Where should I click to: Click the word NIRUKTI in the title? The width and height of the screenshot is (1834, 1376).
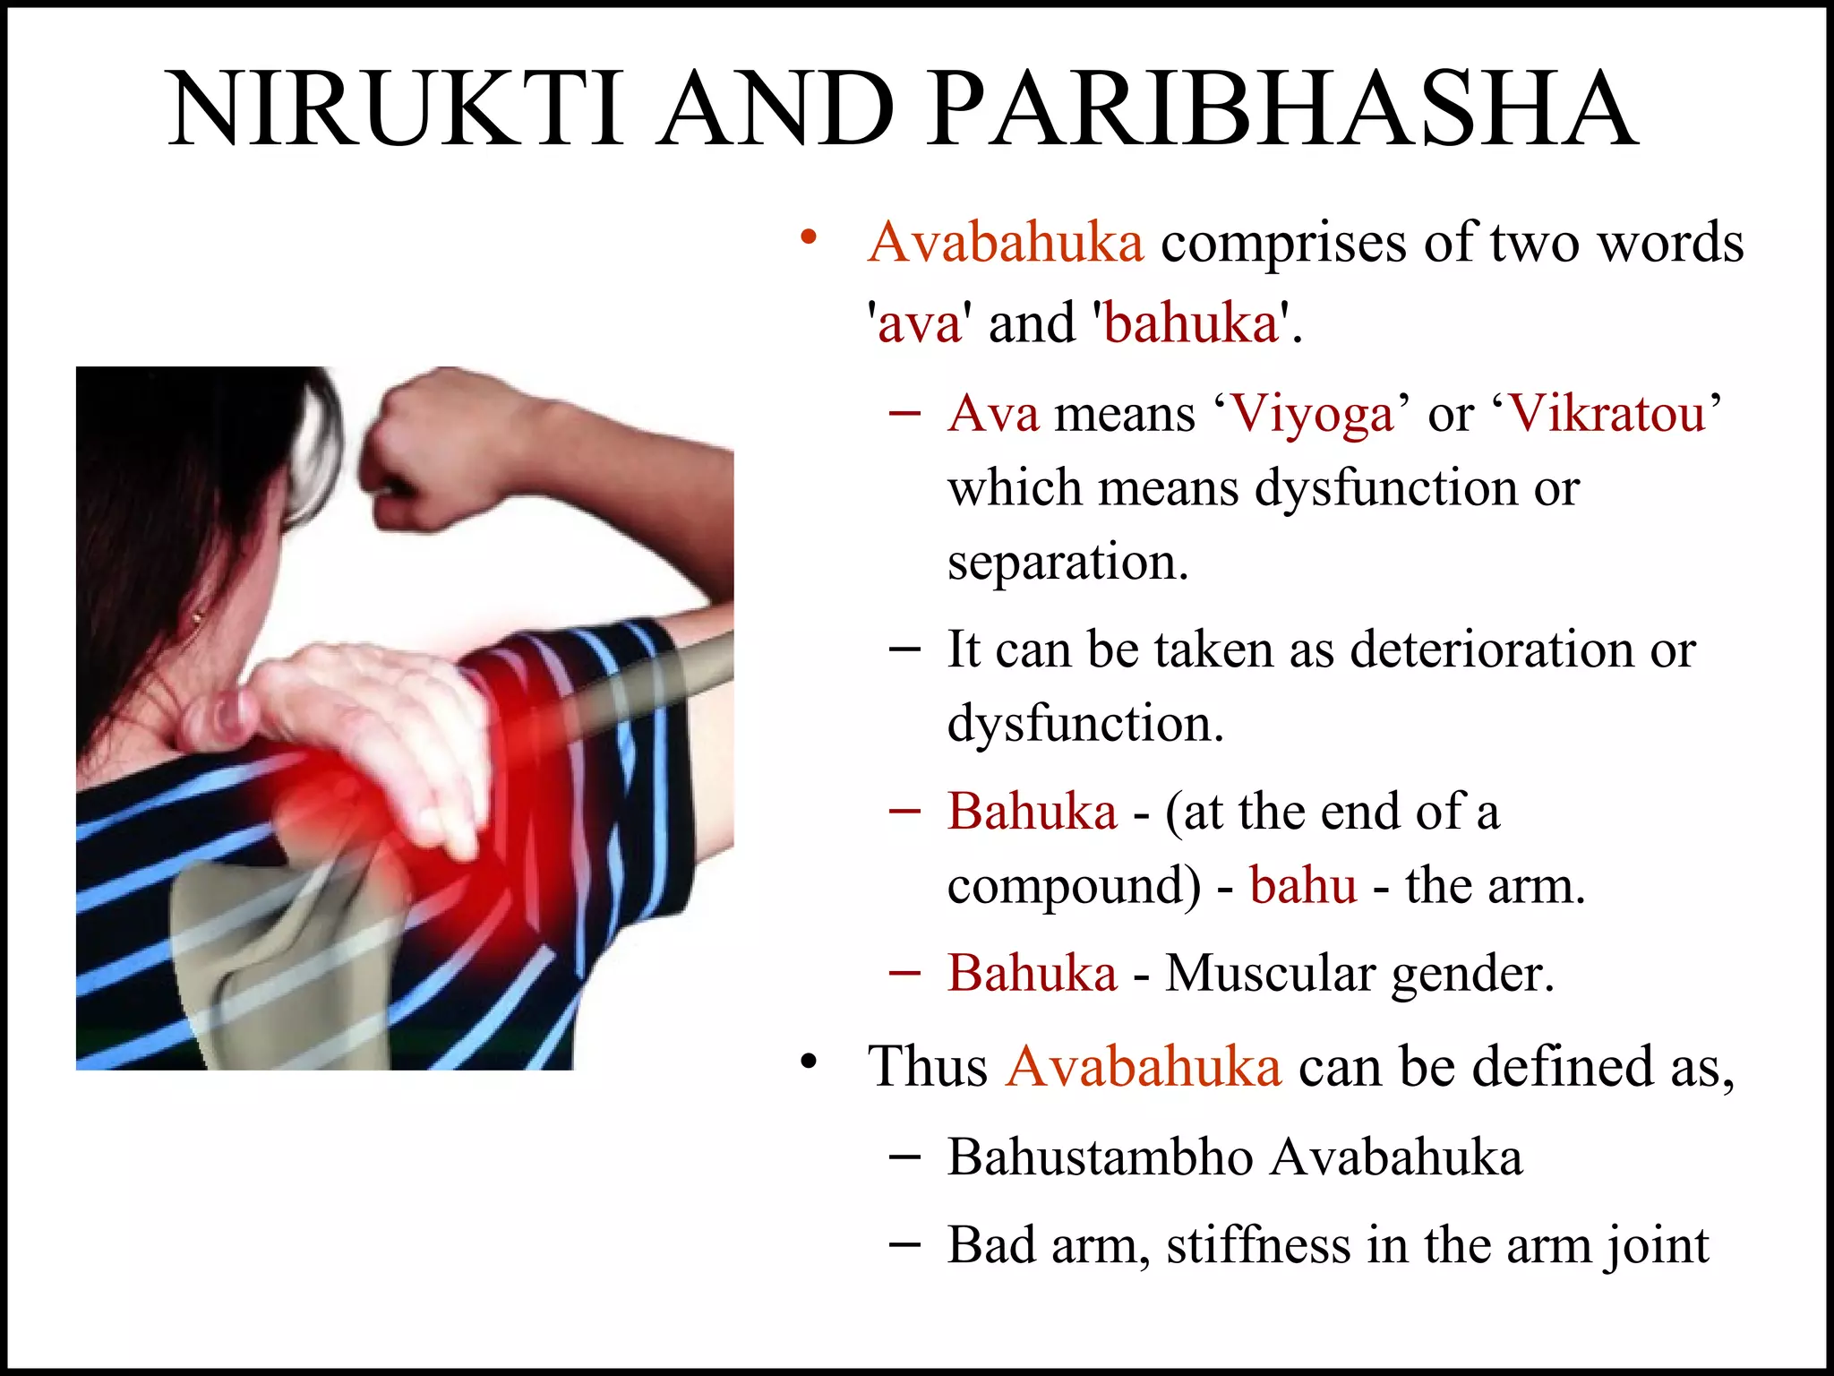394,109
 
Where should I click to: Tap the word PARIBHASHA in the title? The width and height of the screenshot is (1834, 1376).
1281,109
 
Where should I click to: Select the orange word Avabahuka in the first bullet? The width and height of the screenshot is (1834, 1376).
1006,243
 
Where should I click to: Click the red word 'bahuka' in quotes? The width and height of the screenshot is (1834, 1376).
1191,323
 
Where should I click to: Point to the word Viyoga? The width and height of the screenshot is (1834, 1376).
1313,414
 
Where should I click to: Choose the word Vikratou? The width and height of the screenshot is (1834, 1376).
1607,414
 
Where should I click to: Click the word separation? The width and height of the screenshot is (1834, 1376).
1067,563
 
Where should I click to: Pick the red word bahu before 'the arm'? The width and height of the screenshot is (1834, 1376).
1303,886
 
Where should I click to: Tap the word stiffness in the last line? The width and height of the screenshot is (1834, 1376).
1257,1245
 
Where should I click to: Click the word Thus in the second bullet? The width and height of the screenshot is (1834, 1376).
927,1067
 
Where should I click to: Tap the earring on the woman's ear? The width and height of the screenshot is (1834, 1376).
198,617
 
